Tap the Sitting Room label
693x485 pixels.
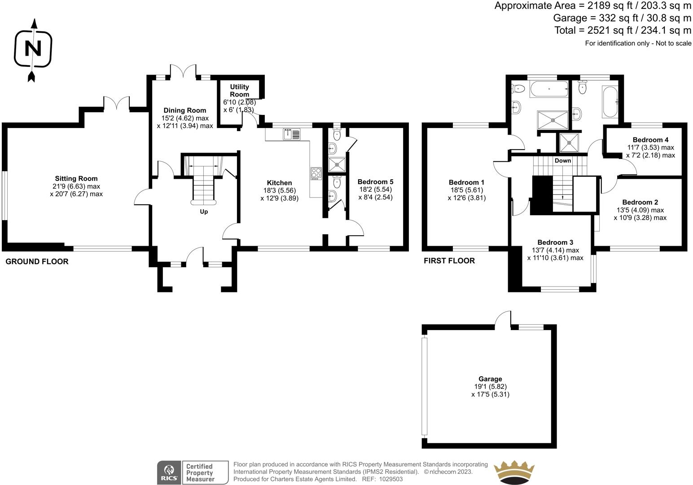(x=76, y=179)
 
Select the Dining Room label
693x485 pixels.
(x=184, y=110)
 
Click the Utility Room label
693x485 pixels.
(x=239, y=90)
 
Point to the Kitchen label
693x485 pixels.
(x=279, y=183)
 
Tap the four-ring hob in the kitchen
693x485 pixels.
(x=316, y=173)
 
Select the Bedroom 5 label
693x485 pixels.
(x=375, y=182)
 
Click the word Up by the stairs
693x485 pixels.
(x=204, y=212)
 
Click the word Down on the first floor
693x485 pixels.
(x=562, y=161)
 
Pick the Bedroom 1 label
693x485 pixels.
(x=466, y=182)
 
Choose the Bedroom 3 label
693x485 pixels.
(x=555, y=242)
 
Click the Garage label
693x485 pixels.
(x=490, y=379)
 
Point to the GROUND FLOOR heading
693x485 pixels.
(x=37, y=261)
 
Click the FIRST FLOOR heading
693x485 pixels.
(x=449, y=261)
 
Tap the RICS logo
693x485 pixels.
(x=168, y=472)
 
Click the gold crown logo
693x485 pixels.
(x=515, y=472)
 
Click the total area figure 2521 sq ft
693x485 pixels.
(x=604, y=31)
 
